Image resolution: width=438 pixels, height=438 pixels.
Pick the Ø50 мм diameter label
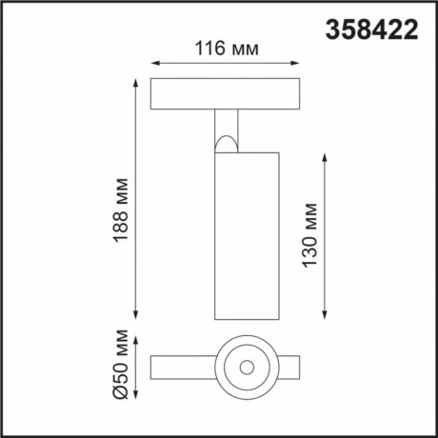(121, 368)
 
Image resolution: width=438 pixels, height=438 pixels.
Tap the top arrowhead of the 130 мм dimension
(328, 153)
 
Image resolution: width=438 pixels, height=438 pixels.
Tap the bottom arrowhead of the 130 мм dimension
(328, 316)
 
